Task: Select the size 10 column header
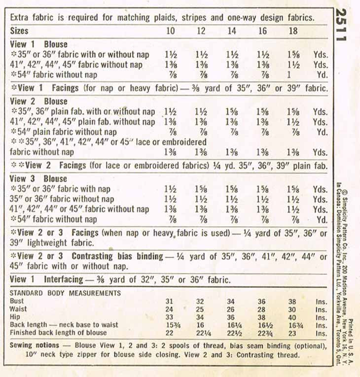(x=170, y=31)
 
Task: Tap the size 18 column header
(x=293, y=31)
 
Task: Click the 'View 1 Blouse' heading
(x=39, y=44)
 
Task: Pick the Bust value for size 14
(x=231, y=301)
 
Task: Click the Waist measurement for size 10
(x=170, y=309)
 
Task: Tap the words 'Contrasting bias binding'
(x=117, y=256)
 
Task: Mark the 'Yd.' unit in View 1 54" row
(x=322, y=75)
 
